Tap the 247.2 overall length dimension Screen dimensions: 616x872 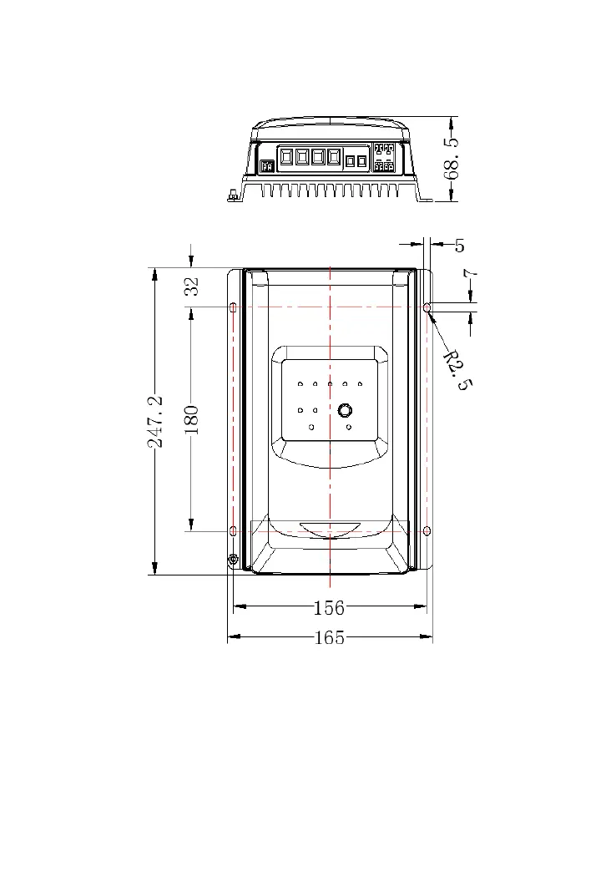tap(155, 421)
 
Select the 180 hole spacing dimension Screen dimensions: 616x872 tap(190, 420)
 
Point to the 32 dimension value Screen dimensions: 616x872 tap(192, 286)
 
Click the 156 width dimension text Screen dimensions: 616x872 tap(329, 608)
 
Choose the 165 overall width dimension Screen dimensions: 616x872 tap(330, 637)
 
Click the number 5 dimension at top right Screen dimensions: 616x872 tap(459, 246)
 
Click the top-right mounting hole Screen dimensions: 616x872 tap(427, 307)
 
